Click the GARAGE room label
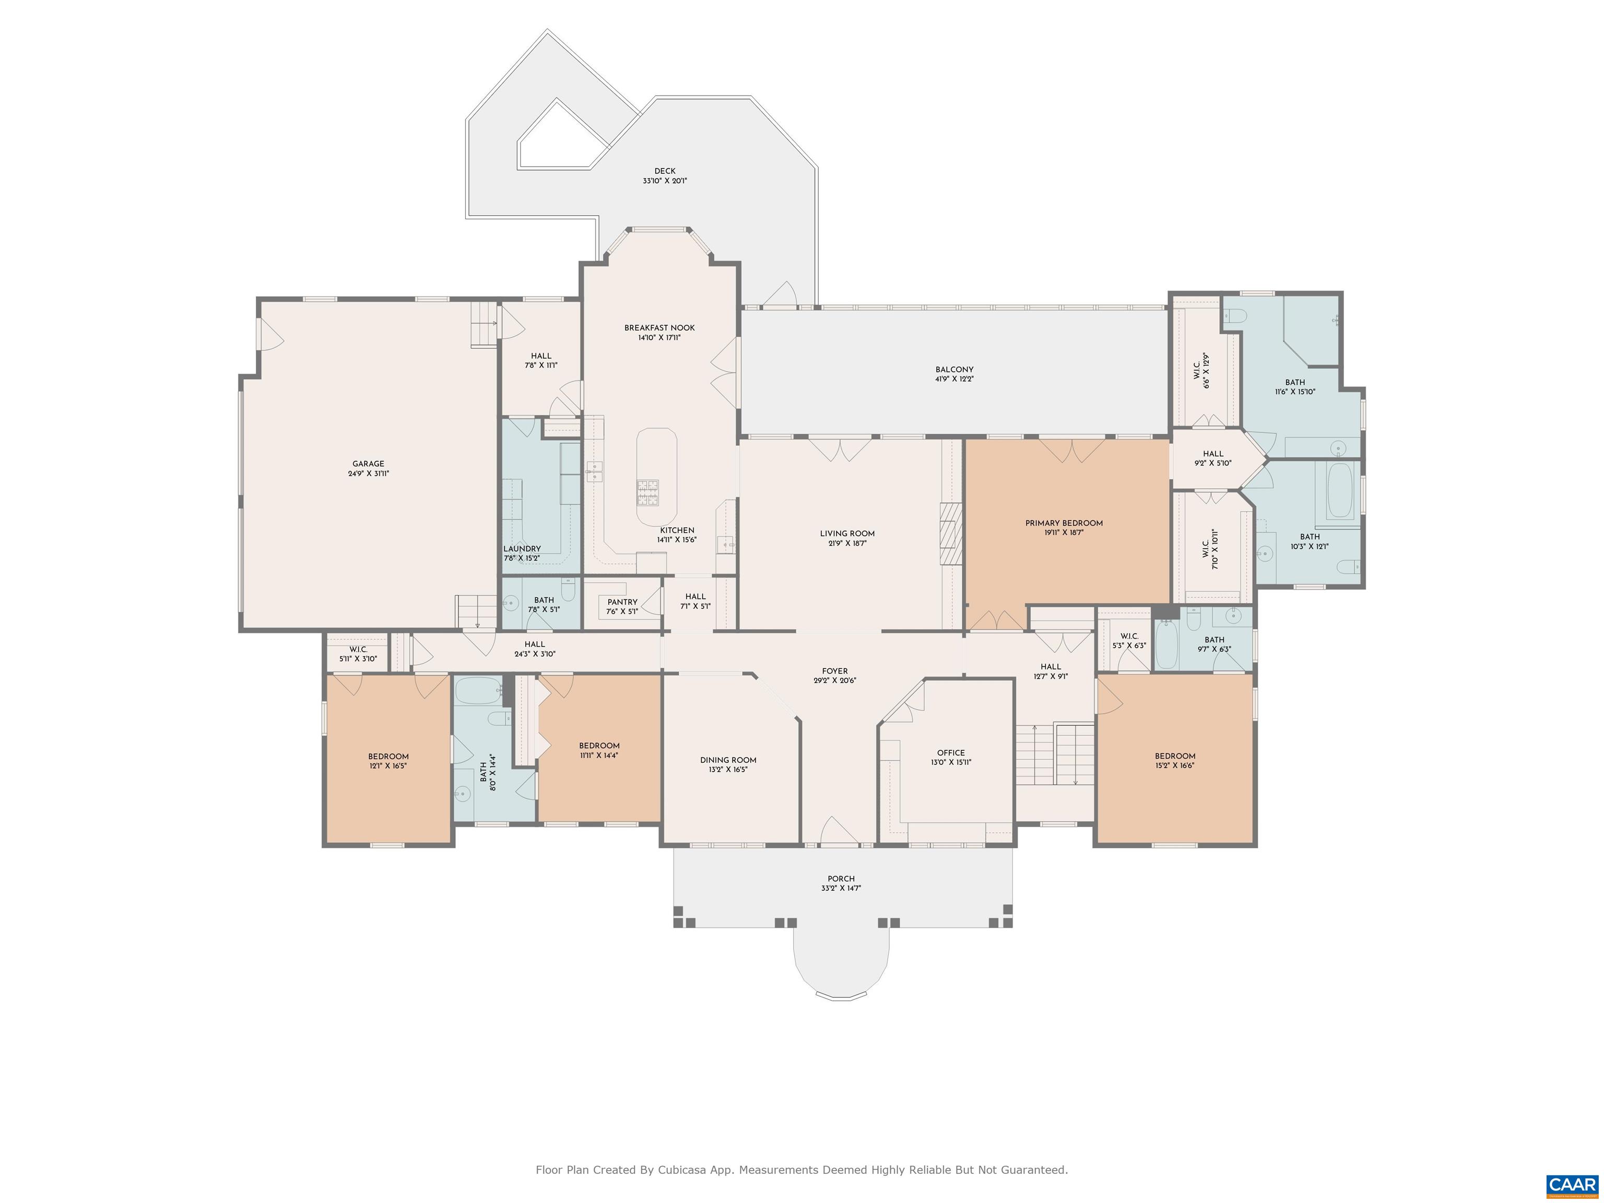(369, 464)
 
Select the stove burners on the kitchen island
(648, 492)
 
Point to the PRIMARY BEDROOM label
(1064, 523)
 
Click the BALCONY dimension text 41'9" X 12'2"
(954, 379)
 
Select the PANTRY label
(622, 602)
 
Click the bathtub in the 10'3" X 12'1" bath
(1339, 490)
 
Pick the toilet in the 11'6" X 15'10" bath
(1235, 315)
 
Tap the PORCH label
(841, 878)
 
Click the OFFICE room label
(951, 753)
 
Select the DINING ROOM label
(728, 760)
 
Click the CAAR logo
(1572, 1186)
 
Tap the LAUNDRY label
(522, 549)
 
